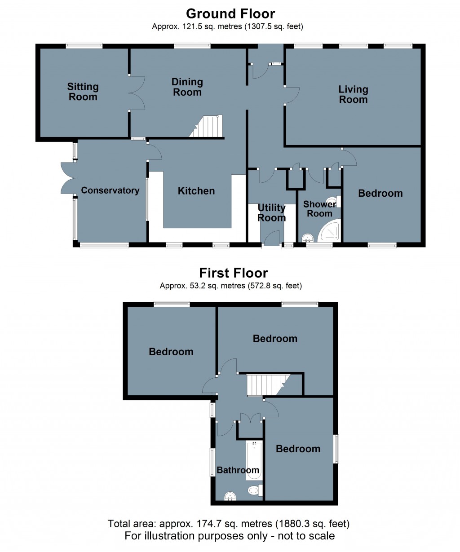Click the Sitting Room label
[83, 92]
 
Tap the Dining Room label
[187, 87]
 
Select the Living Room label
[353, 94]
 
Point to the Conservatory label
[110, 190]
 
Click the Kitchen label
[196, 190]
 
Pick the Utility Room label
[271, 213]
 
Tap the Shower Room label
[319, 208]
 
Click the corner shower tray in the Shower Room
[329, 230]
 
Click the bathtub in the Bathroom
[254, 460]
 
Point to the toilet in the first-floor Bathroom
[255, 490]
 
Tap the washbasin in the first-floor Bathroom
[230, 496]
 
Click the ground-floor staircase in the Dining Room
[207, 126]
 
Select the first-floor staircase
[268, 384]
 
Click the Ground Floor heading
[230, 13]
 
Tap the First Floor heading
[233, 273]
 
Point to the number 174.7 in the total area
[208, 523]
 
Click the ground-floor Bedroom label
[380, 193]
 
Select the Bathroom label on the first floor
[238, 470]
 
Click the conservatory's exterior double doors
[68, 178]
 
